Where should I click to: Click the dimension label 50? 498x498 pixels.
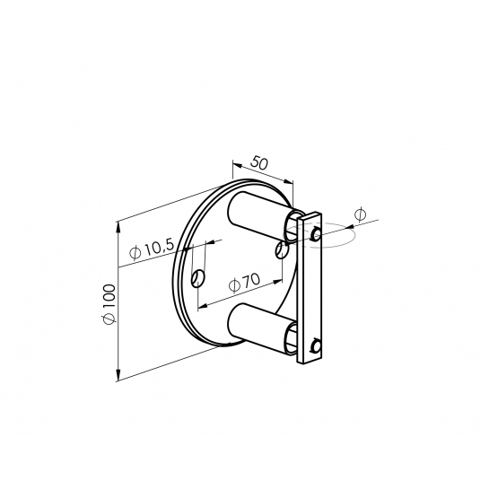[259, 162]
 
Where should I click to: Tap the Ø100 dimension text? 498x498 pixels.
[109, 304]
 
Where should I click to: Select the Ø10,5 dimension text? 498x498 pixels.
[153, 249]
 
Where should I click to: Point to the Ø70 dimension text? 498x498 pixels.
[244, 282]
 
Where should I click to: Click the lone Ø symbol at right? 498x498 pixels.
[360, 214]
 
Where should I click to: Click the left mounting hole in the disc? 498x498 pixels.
[198, 279]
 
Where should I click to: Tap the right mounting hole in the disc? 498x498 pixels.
[283, 249]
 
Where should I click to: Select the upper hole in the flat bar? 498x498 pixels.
[317, 234]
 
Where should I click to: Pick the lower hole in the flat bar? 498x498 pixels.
[316, 345]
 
